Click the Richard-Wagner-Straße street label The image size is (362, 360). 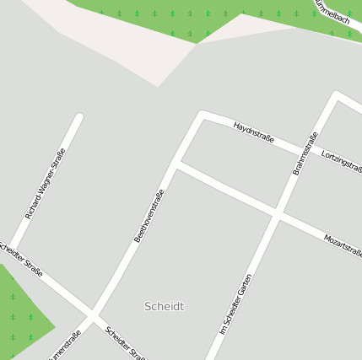(45, 184)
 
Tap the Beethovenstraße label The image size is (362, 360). (149, 216)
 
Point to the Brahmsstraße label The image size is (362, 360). (305, 153)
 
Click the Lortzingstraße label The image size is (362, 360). (342, 160)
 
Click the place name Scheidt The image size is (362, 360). (164, 306)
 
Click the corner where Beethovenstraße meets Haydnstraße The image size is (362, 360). (203, 114)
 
